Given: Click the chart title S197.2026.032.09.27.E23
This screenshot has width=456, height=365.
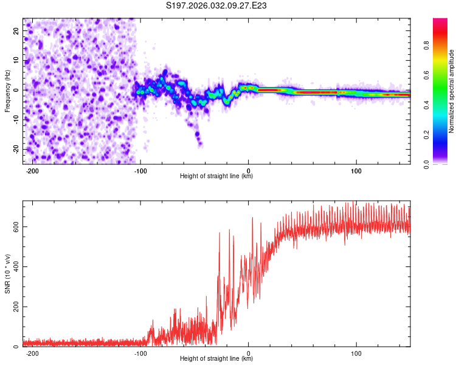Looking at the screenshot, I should (x=217, y=6).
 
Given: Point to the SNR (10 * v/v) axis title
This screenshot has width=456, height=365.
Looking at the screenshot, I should (x=7, y=274).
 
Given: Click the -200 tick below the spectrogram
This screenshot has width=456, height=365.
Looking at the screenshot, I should (x=32, y=170).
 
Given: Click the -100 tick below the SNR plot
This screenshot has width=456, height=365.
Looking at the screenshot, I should (x=140, y=353).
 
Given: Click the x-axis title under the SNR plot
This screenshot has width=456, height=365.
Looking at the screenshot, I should (x=216, y=359).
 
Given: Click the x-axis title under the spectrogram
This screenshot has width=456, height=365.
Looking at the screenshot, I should (x=216, y=176).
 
